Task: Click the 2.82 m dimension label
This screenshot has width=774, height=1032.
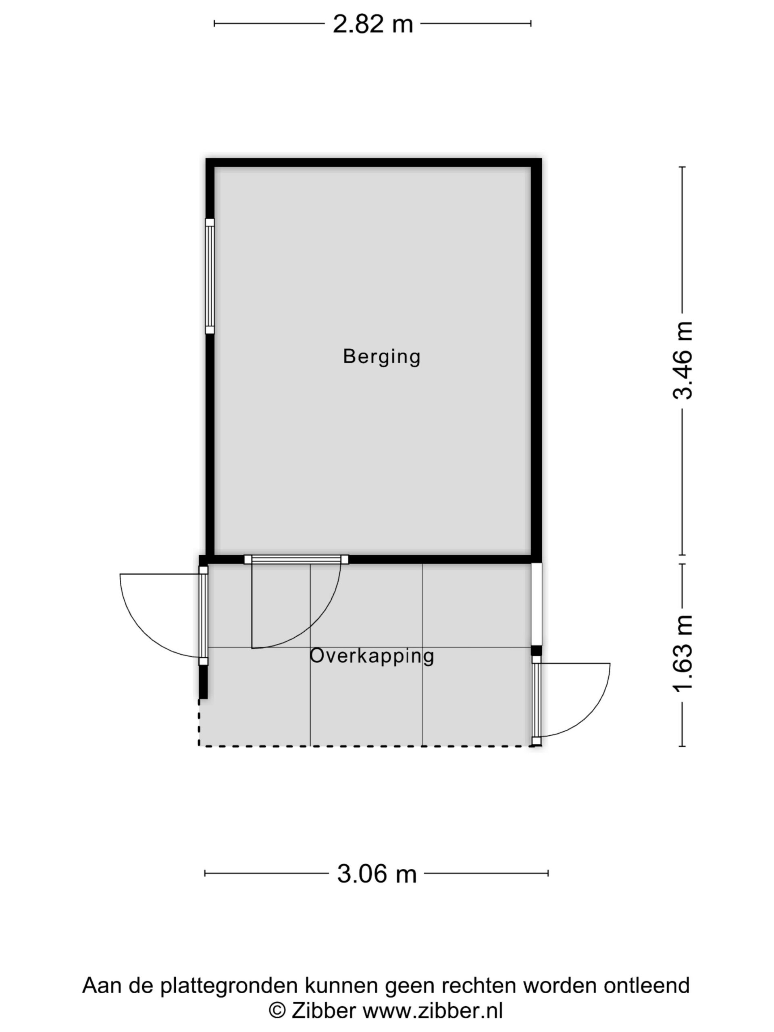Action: click(x=372, y=24)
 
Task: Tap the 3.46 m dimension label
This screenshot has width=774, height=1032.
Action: click(x=682, y=360)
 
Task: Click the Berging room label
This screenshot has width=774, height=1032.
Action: click(x=382, y=357)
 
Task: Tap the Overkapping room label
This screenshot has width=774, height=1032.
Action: click(x=372, y=656)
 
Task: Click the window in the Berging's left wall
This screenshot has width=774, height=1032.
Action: click(x=210, y=277)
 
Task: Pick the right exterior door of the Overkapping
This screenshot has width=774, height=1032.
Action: click(x=537, y=700)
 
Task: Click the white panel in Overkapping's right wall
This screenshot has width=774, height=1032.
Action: click(x=537, y=605)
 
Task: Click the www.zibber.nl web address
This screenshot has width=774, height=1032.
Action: click(x=433, y=1011)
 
